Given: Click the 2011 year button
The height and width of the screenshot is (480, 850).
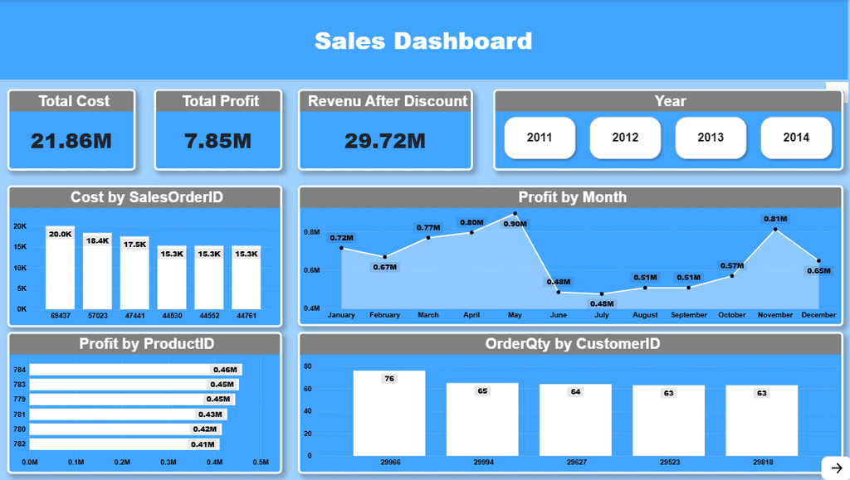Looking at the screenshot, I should (x=540, y=138).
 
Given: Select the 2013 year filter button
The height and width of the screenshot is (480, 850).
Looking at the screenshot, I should (x=711, y=138).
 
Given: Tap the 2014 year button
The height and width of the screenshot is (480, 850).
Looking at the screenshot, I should (x=796, y=138).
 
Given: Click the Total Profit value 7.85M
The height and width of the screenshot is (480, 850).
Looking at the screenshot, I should (x=217, y=141).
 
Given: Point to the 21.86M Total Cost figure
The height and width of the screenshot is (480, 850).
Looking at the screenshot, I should (x=71, y=141).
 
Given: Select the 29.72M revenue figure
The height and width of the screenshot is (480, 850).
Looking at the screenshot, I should (x=385, y=141).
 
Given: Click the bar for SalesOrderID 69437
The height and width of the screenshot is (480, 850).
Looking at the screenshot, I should (x=60, y=269).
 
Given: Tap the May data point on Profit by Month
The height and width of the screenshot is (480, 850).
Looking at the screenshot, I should (x=515, y=214).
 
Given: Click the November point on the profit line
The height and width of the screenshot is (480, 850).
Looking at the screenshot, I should (x=774, y=229).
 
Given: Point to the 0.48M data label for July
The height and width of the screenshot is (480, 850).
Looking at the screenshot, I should (x=602, y=304).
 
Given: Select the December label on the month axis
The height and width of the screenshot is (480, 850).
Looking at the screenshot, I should (x=819, y=315).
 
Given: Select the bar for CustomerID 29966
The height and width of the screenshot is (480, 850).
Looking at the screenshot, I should (x=388, y=413).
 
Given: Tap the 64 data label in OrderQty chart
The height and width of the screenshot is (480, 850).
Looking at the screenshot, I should (x=575, y=392).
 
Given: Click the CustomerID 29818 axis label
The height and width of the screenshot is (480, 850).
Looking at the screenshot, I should (x=761, y=462).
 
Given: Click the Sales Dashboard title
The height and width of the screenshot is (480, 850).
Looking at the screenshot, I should (x=423, y=41).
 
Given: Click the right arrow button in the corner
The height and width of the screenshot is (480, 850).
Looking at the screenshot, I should (x=835, y=468).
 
